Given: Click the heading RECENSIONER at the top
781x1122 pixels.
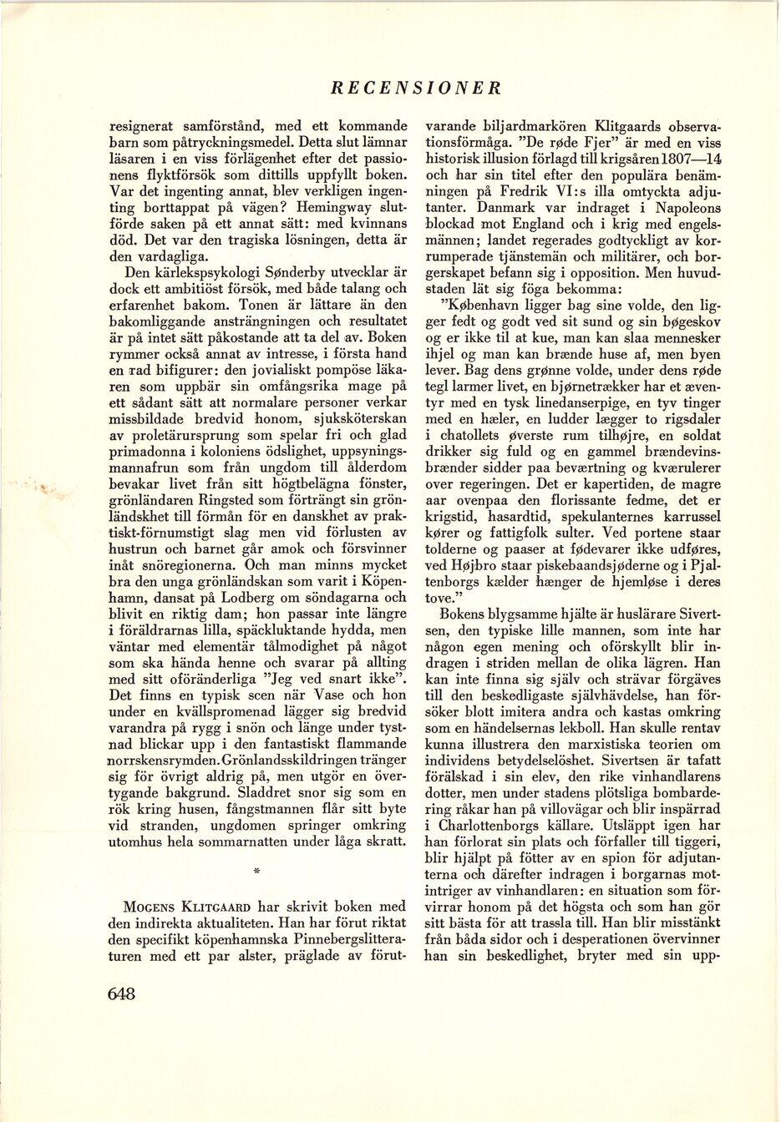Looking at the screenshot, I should pos(415,86).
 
